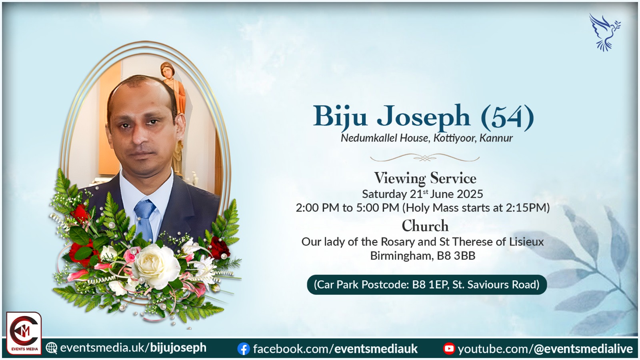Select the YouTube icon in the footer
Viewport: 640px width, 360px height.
click(x=449, y=349)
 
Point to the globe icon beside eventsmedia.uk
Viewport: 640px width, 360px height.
click(x=52, y=348)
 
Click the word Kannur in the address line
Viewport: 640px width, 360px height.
click(x=496, y=138)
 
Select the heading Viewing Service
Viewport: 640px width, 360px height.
click(x=425, y=178)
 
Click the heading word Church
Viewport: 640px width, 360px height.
click(x=425, y=226)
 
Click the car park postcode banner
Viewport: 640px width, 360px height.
click(x=427, y=284)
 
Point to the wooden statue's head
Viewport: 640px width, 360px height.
click(x=168, y=70)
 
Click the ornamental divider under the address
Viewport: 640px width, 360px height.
click(x=424, y=158)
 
